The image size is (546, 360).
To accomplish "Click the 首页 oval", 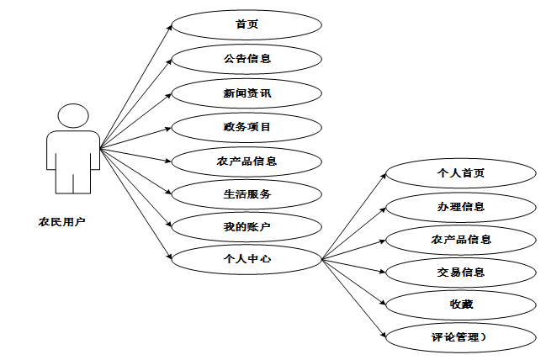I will click(x=246, y=24).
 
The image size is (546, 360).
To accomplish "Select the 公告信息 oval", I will click(x=246, y=59).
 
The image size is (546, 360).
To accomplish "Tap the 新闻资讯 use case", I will click(x=246, y=93).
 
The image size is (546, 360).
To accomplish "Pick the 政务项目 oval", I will click(x=246, y=127).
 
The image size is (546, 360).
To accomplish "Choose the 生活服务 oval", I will click(x=246, y=193).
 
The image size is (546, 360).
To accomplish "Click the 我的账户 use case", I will click(x=246, y=226).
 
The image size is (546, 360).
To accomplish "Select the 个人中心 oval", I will click(x=246, y=259).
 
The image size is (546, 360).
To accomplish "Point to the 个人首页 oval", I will click(x=460, y=173).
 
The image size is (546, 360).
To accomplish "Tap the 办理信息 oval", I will click(x=460, y=206).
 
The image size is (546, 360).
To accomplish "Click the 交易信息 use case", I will click(x=460, y=272).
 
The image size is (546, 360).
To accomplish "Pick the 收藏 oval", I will click(x=460, y=304).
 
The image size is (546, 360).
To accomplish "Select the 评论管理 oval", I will click(x=460, y=337).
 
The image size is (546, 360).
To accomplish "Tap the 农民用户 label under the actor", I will click(x=61, y=222).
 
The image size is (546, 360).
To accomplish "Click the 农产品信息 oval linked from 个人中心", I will click(x=460, y=239).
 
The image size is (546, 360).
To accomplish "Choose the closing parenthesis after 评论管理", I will click(x=485, y=337).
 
